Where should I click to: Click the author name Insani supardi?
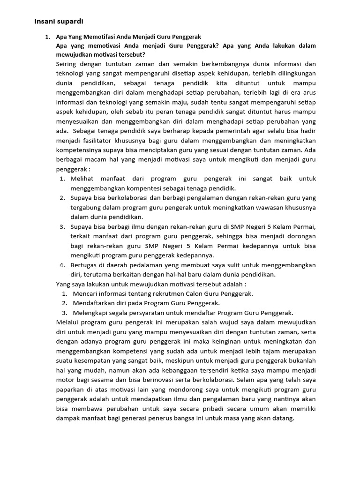pos(59,21)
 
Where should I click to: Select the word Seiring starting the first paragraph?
pos(68,63)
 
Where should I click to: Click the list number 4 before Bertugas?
pos(62,265)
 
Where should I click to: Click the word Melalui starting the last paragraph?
pos(68,322)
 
